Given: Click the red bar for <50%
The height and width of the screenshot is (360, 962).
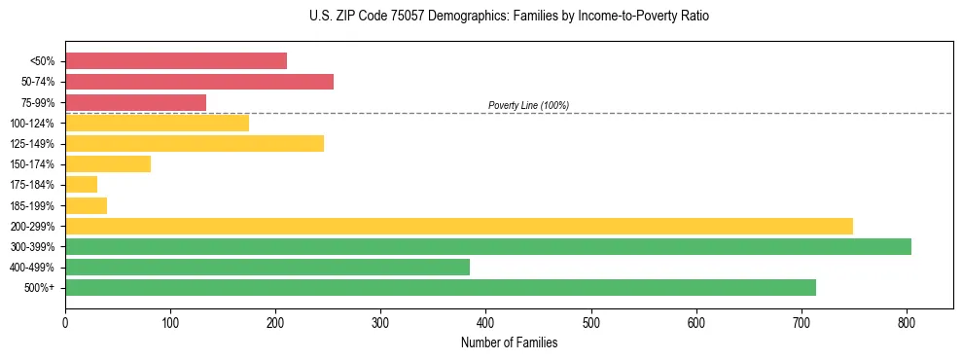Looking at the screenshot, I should pyautogui.click(x=176, y=61).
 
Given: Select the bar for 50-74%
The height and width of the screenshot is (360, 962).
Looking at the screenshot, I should pyautogui.click(x=199, y=82).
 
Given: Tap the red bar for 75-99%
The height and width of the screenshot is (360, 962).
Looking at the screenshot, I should pyautogui.click(x=136, y=102).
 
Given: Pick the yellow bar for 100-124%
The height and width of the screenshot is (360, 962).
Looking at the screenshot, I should pyautogui.click(x=158, y=123).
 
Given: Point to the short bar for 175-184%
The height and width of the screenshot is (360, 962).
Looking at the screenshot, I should pyautogui.click(x=82, y=185).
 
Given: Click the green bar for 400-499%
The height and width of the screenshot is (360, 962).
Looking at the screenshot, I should pyautogui.click(x=267, y=267).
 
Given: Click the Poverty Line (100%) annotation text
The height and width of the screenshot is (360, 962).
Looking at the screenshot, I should pyautogui.click(x=528, y=105).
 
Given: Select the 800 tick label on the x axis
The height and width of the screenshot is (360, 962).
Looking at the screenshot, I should pyautogui.click(x=907, y=319).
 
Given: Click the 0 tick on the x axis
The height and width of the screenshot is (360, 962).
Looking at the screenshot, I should pyautogui.click(x=65, y=319).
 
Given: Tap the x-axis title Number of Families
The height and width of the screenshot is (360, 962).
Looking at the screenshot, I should pyautogui.click(x=509, y=342).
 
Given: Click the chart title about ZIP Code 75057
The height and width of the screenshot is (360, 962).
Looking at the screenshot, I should pyautogui.click(x=509, y=17).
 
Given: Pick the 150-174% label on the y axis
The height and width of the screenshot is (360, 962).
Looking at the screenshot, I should pyautogui.click(x=32, y=164).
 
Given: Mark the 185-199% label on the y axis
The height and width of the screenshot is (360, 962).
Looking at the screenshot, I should pyautogui.click(x=32, y=205).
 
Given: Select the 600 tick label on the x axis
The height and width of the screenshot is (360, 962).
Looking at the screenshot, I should pyautogui.click(x=696, y=319).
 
